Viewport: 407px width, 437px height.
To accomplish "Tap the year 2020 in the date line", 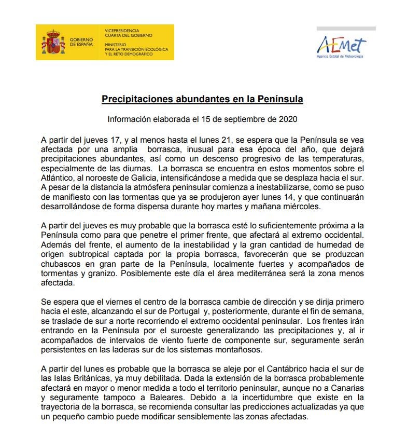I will [x=287, y=119].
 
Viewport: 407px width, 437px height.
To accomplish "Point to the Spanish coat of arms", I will [x=52, y=42].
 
